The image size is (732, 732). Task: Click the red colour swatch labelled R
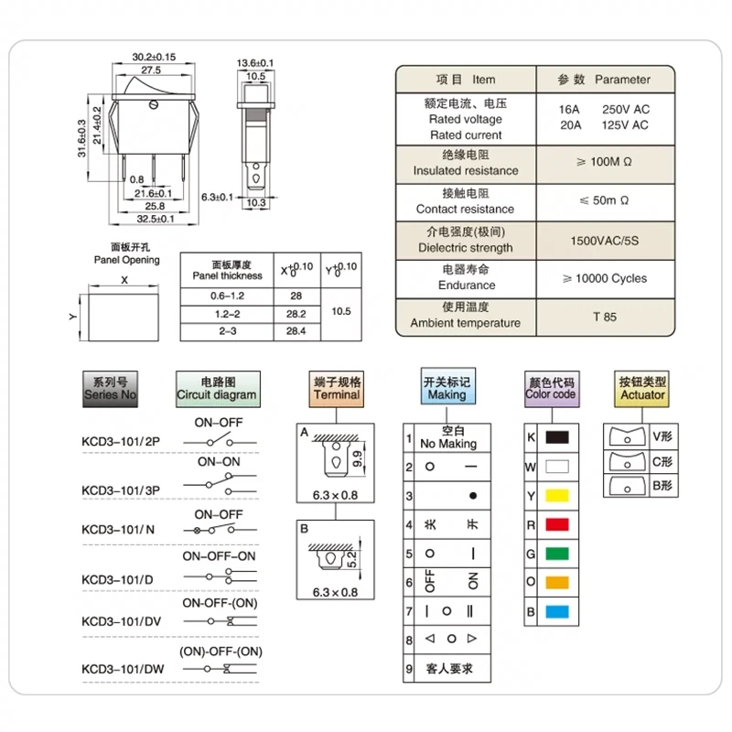click(x=558, y=524)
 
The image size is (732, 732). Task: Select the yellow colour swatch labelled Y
click(x=558, y=495)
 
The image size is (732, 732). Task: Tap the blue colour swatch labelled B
click(x=558, y=610)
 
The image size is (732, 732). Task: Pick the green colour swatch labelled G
click(x=558, y=553)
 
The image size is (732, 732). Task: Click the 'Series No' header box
click(x=110, y=389)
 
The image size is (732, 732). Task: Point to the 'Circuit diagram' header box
click(x=218, y=389)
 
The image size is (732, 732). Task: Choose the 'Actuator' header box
click(x=642, y=389)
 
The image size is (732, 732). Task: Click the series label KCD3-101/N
click(x=118, y=529)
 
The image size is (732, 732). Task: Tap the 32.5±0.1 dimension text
click(x=155, y=220)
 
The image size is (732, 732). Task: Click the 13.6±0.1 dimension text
click(x=255, y=62)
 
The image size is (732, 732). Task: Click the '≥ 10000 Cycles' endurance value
click(x=605, y=278)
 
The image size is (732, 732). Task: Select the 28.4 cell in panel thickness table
click(x=296, y=330)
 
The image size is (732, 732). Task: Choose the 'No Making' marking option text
click(x=448, y=444)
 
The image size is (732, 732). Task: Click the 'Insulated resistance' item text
click(x=465, y=170)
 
